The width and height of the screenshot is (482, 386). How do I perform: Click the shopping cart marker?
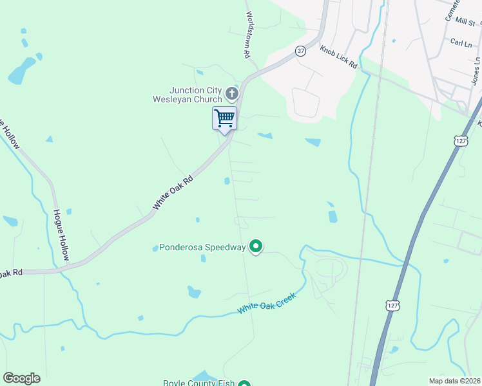pos(224,119)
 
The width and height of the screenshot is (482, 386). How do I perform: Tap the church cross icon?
pos(232,95)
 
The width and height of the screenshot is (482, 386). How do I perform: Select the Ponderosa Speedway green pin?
pos(256,246)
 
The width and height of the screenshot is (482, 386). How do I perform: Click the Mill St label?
pos(464,22)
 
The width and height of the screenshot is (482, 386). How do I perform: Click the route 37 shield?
pos(300,51)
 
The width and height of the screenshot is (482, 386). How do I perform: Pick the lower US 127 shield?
pos(392,303)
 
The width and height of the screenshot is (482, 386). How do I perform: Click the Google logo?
pos(21,378)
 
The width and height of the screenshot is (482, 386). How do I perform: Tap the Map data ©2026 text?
pos(454,380)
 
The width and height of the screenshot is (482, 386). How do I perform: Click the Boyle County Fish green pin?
pos(244,385)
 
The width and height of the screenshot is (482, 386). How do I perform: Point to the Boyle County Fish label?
pos(200,383)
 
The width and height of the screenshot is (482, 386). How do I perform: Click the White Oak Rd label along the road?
pos(173,193)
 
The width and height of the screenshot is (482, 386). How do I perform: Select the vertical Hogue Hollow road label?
pos(62,235)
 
